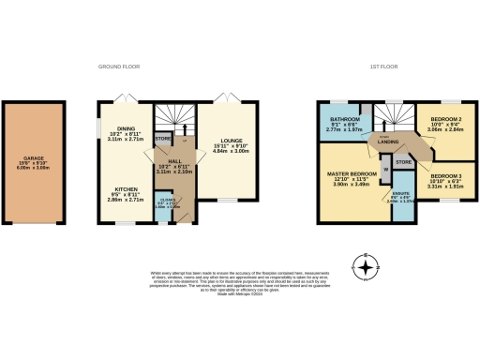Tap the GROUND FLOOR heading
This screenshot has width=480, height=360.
point(121,67)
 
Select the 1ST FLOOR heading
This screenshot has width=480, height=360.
point(385,67)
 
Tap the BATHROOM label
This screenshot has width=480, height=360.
point(346,123)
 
